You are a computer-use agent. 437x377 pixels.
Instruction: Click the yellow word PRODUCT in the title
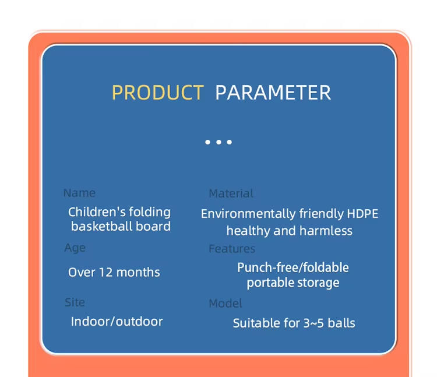click(x=157, y=93)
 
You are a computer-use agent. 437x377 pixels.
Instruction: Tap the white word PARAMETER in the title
click(x=273, y=93)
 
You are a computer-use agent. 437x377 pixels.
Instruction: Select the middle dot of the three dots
click(x=218, y=142)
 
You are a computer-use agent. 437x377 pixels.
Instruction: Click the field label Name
click(x=79, y=193)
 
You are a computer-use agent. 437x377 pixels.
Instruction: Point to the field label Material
click(x=231, y=193)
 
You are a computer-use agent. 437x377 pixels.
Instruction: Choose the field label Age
click(x=75, y=248)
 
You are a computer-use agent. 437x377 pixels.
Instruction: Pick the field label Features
click(x=232, y=249)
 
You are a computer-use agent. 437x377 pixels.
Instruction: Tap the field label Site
click(x=75, y=302)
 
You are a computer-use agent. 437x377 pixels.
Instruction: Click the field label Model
click(x=225, y=303)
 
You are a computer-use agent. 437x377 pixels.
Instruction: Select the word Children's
click(x=94, y=212)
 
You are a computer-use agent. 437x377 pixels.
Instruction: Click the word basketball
click(x=103, y=227)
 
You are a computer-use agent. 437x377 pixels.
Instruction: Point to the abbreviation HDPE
click(x=362, y=214)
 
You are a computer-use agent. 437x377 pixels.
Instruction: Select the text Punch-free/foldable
click(x=292, y=267)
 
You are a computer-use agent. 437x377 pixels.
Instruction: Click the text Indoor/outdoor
click(x=117, y=321)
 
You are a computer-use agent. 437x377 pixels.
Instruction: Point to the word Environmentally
click(x=248, y=214)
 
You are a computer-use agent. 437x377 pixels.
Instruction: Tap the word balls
click(x=342, y=323)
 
